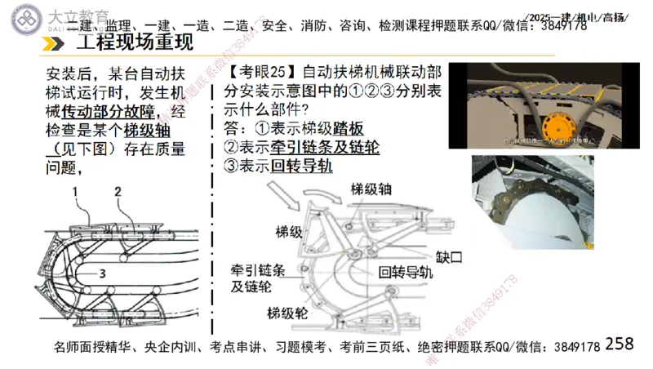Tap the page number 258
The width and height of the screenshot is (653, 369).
[620, 345]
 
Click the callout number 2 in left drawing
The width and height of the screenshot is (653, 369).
[118, 192]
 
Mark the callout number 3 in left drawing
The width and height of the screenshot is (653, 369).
[103, 273]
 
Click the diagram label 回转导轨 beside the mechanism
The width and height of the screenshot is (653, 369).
[405, 273]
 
